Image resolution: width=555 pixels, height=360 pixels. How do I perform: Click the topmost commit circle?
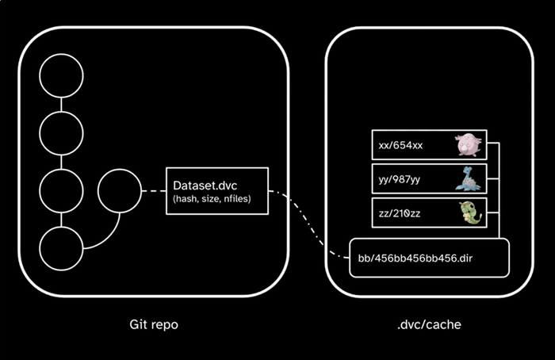click(62, 76)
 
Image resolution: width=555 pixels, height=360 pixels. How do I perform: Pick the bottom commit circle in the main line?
click(62, 248)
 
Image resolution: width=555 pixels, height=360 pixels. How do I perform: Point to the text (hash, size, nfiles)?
click(212, 198)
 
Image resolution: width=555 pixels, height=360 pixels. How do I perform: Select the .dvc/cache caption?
click(428, 325)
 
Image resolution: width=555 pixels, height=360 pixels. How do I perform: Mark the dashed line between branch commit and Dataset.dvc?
click(152, 191)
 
